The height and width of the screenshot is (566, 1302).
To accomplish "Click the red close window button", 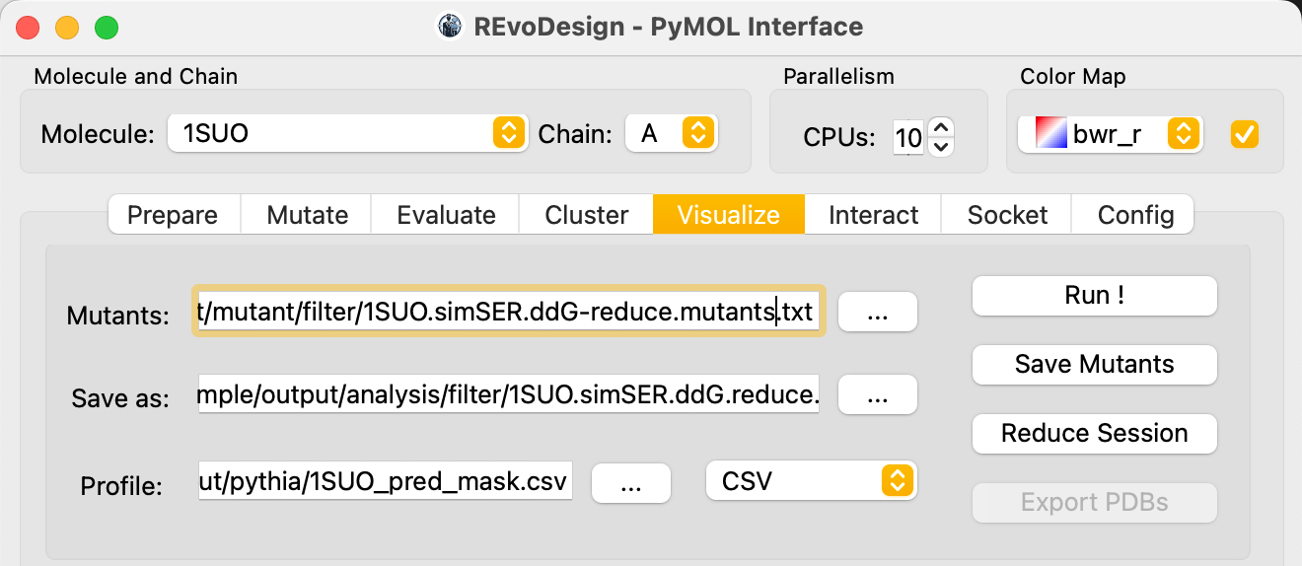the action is [28, 28].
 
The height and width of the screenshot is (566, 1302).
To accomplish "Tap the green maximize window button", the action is [107, 28].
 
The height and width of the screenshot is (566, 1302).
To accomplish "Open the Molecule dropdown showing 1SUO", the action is [347, 133].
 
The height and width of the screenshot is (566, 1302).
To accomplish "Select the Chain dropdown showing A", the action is [672, 133].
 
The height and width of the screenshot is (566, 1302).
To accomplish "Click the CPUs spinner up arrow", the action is [941, 127].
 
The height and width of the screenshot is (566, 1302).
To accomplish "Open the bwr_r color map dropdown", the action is [1111, 134].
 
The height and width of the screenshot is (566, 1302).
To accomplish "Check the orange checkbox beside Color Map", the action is [1245, 134].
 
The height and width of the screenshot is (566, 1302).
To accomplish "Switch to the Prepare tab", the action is [173, 215].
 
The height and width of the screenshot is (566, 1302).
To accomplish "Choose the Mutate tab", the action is [307, 215].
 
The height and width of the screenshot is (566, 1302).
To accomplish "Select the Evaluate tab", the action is [446, 215].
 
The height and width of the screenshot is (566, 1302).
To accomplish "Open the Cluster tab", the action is [587, 215].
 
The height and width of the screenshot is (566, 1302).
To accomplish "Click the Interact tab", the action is [873, 215].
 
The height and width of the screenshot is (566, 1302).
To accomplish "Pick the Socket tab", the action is [1007, 215].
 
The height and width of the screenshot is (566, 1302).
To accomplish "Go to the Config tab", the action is [1135, 215].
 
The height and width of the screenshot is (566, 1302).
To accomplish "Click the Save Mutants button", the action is [1095, 365].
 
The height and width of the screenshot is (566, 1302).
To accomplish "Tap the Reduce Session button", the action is [1095, 434].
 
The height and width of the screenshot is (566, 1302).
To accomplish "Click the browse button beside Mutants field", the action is [878, 312].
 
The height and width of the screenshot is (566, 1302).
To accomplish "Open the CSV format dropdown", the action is [812, 480].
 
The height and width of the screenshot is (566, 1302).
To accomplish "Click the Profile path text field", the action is [386, 480].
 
